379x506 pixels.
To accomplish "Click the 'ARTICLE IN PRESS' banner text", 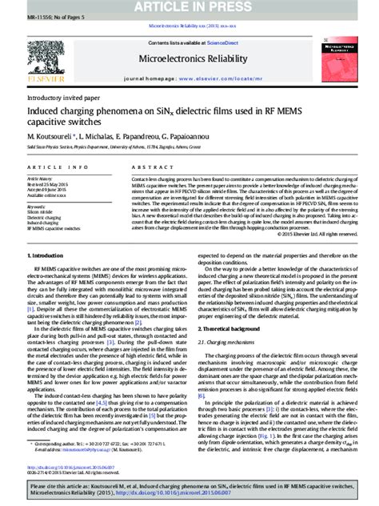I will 189,7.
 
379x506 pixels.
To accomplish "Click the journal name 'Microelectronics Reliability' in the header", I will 188,58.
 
